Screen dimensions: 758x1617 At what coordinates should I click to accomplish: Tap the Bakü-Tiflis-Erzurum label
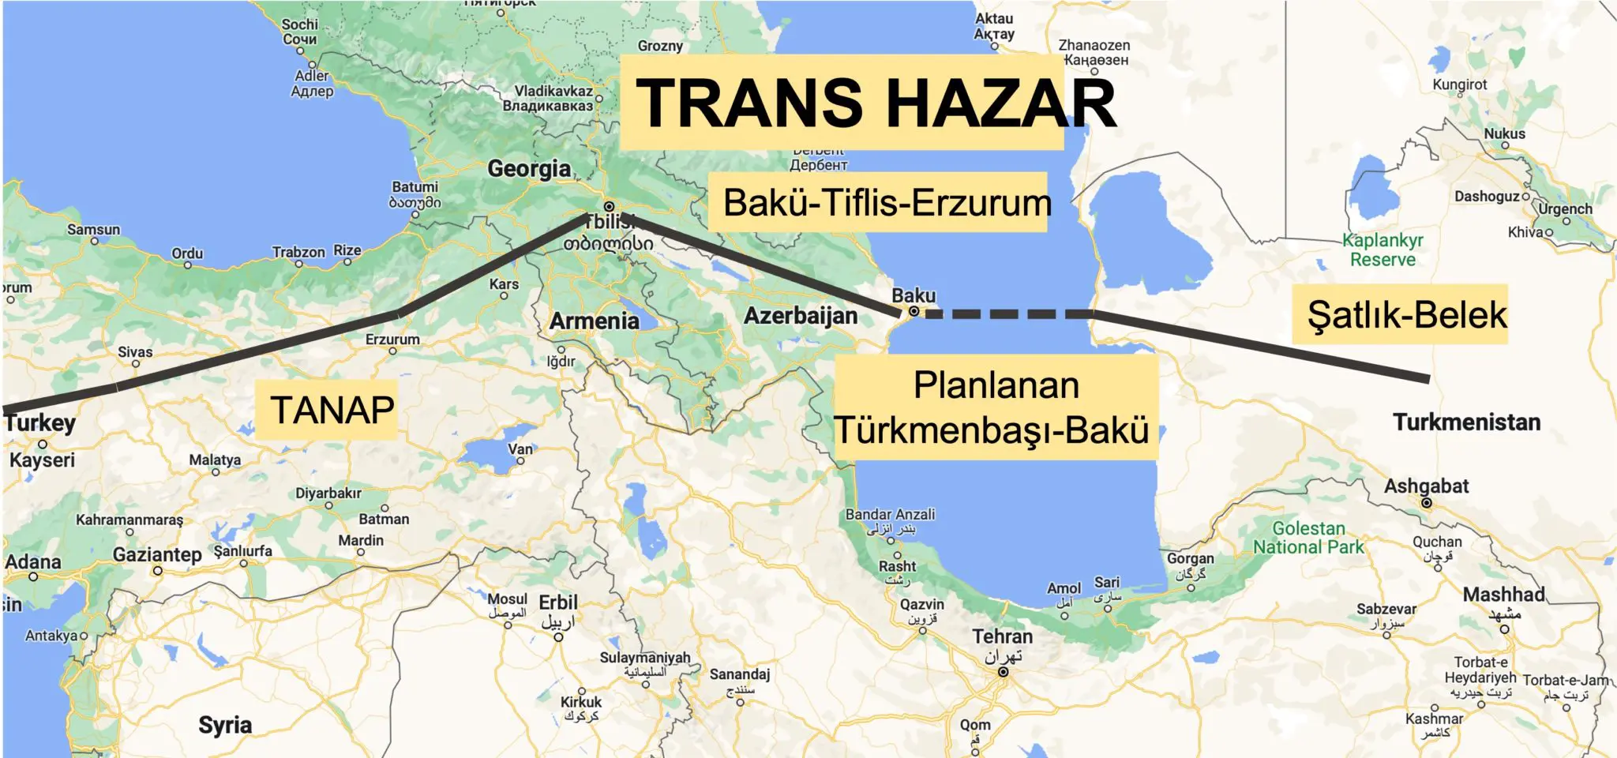click(x=887, y=203)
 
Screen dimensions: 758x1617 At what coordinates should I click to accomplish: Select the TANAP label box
click(x=332, y=410)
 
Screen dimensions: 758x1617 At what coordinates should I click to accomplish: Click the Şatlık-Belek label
click(x=1407, y=315)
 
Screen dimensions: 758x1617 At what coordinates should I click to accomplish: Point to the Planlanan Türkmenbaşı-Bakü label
click(x=995, y=407)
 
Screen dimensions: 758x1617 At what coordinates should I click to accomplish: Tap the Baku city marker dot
click(x=914, y=312)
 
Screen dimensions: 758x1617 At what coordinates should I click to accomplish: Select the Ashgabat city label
click(x=1426, y=486)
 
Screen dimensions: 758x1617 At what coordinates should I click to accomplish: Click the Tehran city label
click(x=1002, y=636)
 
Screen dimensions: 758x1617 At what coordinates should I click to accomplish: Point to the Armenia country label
click(x=594, y=321)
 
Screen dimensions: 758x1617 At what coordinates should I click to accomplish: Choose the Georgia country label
click(x=529, y=168)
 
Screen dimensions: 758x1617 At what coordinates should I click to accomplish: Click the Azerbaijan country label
click(x=801, y=316)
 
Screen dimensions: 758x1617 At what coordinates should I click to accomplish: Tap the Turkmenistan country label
click(x=1466, y=422)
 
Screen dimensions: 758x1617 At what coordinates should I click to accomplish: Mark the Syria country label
click(x=225, y=725)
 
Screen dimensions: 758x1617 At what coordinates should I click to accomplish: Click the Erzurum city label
click(x=392, y=340)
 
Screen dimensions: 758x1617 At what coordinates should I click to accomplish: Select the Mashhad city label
click(x=1503, y=595)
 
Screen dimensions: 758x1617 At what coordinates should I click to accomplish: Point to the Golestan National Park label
click(x=1308, y=538)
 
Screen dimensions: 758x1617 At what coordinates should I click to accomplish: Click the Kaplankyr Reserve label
click(x=1383, y=250)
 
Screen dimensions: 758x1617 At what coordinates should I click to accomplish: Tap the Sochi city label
click(x=300, y=24)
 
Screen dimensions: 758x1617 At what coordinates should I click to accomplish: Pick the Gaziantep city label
click(x=157, y=554)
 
